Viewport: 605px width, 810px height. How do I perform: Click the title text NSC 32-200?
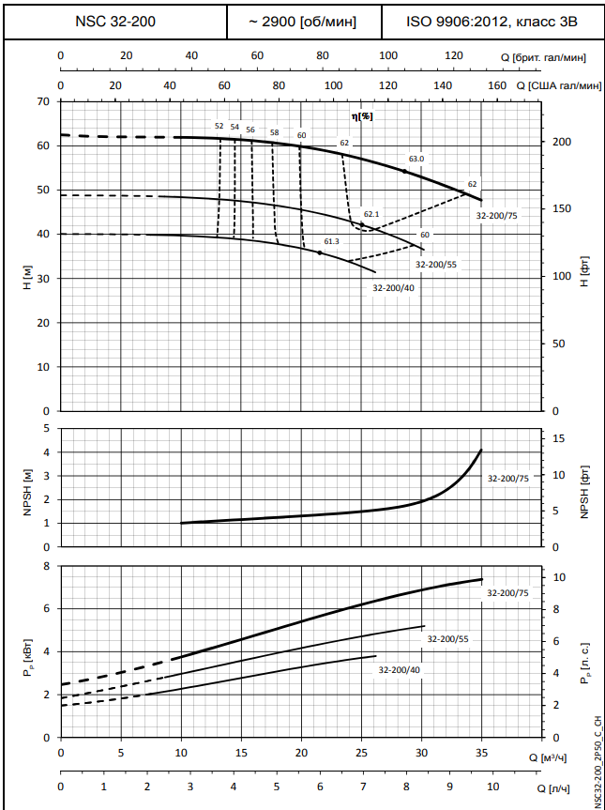click(114, 21)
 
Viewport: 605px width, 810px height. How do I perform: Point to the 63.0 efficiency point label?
click(416, 159)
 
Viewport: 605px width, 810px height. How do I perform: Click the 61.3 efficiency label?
click(331, 241)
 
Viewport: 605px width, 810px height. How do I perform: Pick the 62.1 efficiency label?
click(371, 215)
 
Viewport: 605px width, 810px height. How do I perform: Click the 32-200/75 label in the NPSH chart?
click(508, 478)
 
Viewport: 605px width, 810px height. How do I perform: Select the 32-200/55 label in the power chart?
click(447, 638)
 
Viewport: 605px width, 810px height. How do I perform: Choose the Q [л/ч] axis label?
click(553, 787)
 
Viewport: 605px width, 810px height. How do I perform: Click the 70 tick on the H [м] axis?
click(43, 101)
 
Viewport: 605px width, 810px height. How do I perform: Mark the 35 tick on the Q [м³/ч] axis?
click(482, 754)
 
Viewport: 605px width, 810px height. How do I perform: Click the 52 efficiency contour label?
click(219, 126)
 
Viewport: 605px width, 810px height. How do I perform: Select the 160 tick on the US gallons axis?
click(496, 85)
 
